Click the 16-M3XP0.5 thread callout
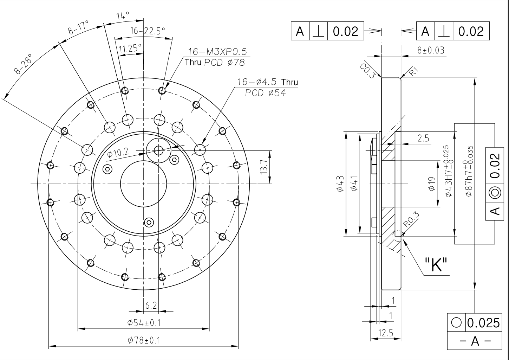tap(217, 52)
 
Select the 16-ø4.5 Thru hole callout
tap(267, 82)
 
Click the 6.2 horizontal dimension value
tap(151, 306)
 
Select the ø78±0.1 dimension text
tap(144, 340)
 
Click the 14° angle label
tap(123, 15)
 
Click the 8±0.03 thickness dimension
tap(430, 50)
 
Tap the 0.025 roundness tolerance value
tap(484, 322)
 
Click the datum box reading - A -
tap(475, 341)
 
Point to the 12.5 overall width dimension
tap(385, 333)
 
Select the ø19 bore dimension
tap(432, 184)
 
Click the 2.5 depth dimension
tap(423, 138)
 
